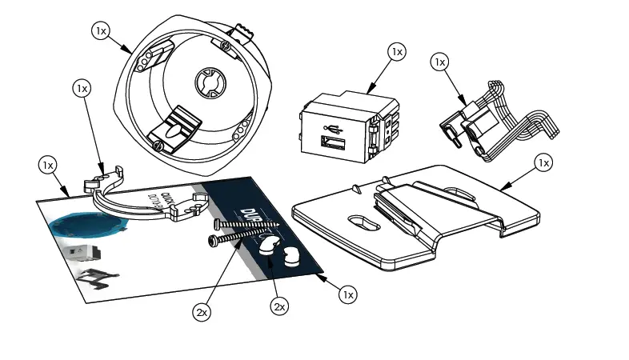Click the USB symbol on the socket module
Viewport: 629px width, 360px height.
pos(331,128)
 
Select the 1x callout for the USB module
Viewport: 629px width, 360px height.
pos(396,51)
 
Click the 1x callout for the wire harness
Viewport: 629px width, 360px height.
pos(439,61)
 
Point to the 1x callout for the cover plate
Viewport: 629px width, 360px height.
pos(543,162)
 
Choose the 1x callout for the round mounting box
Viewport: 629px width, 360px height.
pos(101,30)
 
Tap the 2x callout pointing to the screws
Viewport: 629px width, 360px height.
pos(201,312)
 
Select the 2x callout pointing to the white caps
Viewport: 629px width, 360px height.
pos(279,306)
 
